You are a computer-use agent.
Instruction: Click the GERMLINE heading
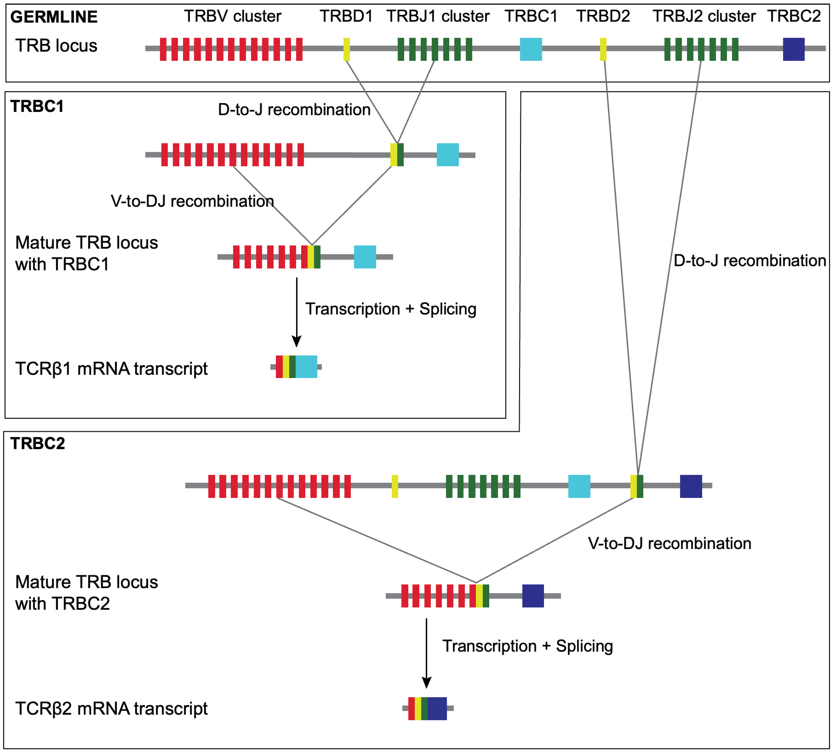pos(54,17)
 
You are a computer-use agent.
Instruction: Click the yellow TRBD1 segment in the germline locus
pos(347,49)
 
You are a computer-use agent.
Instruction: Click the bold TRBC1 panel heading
pos(37,107)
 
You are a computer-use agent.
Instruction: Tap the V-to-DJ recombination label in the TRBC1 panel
pos(192,201)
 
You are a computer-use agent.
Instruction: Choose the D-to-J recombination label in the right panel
pos(750,261)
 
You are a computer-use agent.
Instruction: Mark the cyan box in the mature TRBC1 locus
pos(365,257)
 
